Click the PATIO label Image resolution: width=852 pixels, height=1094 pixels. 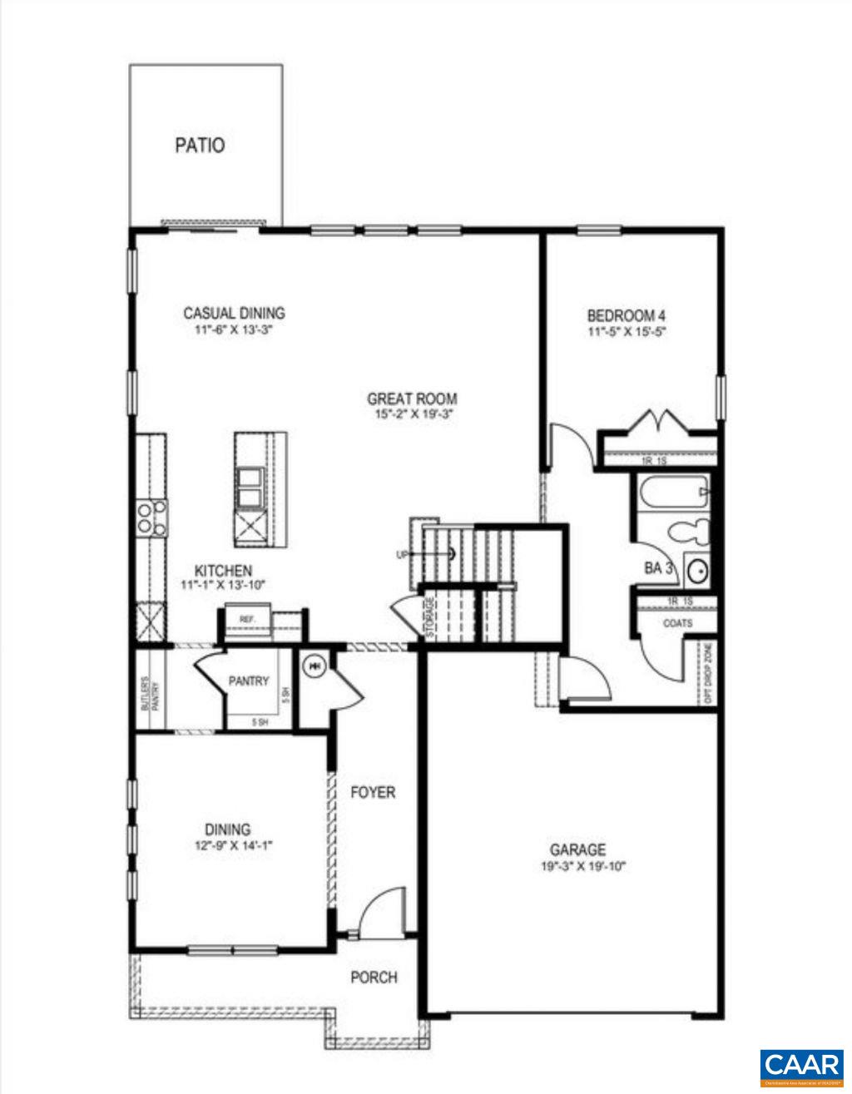click(200, 146)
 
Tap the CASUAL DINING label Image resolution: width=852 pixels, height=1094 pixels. click(234, 314)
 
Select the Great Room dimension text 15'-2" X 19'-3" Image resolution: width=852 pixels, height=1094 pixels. click(412, 414)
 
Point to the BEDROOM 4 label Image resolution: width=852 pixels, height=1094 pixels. click(627, 316)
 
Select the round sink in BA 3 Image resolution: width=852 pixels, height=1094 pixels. click(697, 571)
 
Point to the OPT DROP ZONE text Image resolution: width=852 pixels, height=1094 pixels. click(707, 674)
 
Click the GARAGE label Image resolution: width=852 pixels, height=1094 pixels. click(577, 850)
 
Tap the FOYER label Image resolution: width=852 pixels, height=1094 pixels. click(372, 793)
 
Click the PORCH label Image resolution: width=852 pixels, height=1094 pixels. click(374, 978)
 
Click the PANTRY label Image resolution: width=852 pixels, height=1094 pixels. click(249, 681)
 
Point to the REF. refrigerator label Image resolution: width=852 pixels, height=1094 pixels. click(246, 620)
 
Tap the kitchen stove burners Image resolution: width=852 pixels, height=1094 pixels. click(152, 517)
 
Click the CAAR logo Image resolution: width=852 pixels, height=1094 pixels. click(801, 1065)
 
